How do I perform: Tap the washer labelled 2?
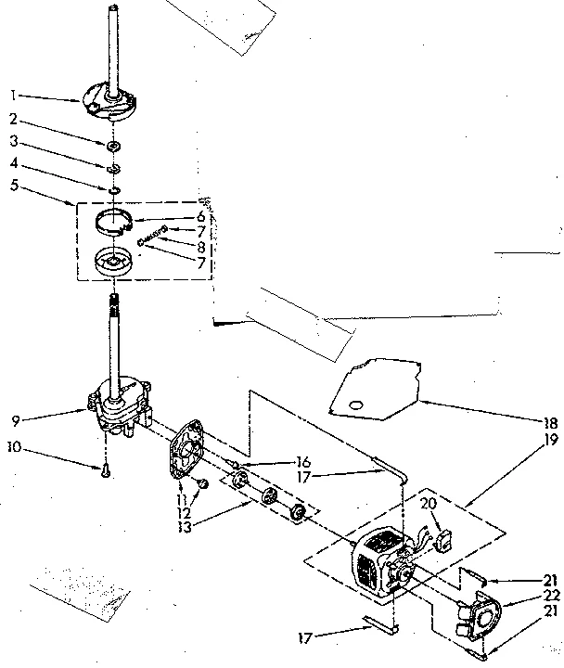[112, 147]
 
